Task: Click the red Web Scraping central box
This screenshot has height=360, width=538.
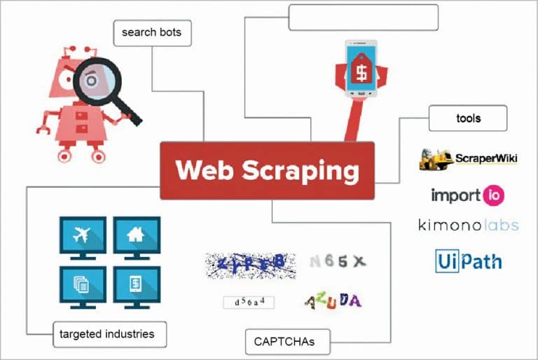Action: click(x=267, y=170)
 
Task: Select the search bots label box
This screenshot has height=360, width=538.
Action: click(x=152, y=32)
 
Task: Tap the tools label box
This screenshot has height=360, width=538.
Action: click(x=467, y=118)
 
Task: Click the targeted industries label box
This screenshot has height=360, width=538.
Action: click(x=111, y=333)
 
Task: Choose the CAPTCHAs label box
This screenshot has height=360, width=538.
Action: click(x=289, y=342)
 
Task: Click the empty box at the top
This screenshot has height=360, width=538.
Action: click(x=363, y=17)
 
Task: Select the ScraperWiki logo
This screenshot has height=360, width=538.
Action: click(x=468, y=160)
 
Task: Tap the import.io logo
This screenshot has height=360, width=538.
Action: click(x=467, y=194)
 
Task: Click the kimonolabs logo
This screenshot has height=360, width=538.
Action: click(x=468, y=226)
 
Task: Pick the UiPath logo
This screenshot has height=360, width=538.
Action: click(x=468, y=261)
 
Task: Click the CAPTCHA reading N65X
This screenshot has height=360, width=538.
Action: click(x=338, y=262)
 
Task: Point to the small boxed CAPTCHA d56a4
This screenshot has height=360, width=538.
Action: click(x=249, y=302)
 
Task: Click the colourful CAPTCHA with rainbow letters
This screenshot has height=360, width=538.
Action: click(x=333, y=301)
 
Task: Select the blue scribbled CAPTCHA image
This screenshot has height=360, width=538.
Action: click(x=246, y=263)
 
